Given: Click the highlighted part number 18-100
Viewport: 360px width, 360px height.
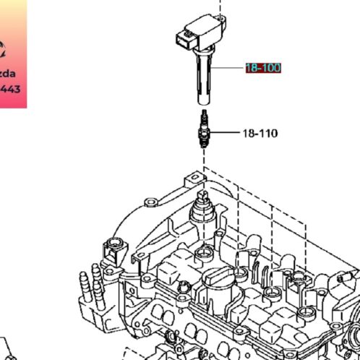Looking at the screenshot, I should [262, 68].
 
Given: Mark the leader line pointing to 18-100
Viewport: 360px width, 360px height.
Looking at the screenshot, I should [231, 68].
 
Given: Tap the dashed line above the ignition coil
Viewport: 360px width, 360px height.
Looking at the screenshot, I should [223, 7].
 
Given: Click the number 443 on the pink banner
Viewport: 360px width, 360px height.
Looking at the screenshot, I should [10, 90].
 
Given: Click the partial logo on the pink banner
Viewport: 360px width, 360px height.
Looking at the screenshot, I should [4, 49].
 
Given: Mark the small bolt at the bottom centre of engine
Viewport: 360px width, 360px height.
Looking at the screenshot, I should [172, 336].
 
